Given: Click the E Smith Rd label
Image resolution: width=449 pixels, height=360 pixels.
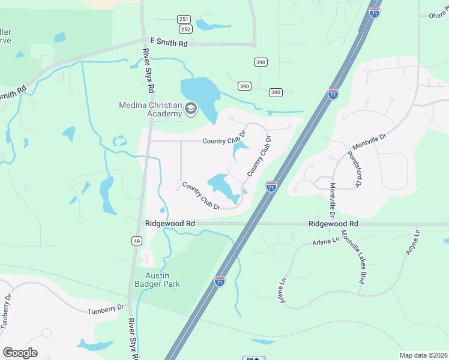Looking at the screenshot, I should pos(170,43).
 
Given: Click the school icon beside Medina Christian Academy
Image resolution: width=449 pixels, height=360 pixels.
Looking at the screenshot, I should pos(191,109).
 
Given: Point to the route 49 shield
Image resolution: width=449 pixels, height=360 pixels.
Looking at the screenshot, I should pos(137,241).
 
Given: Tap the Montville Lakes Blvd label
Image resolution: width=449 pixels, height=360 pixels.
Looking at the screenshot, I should pos(353,256).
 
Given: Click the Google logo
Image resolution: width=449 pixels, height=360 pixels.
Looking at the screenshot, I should pos(20,353).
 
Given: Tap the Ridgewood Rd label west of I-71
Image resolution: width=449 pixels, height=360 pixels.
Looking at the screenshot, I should pos(170,223).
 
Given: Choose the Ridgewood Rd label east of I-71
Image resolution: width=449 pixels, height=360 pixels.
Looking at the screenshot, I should pos(333,223).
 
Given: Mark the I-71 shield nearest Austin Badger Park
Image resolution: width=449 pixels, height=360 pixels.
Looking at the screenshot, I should pos(220,281).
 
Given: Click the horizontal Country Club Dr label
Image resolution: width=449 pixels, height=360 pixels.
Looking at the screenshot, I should pos(224,142).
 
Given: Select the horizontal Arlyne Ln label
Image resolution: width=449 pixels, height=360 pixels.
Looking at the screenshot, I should pos(326,241).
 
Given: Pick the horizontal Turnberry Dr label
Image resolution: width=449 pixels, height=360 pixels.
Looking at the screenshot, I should pos(105,308).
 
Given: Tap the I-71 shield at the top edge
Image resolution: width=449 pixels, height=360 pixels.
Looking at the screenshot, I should pos(374,12).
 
